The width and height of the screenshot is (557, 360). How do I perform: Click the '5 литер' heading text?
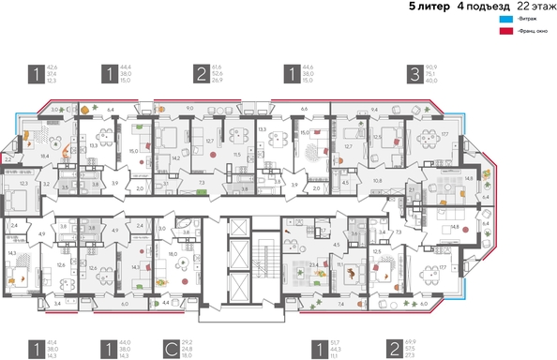click(428, 7)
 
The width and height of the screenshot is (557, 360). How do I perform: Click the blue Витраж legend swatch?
click(505, 19)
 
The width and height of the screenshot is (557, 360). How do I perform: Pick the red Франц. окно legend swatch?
click(505, 31)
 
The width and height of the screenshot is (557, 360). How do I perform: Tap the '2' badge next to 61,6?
click(201, 74)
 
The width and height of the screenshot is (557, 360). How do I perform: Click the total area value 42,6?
click(53, 67)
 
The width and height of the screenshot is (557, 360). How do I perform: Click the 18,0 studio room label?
click(172, 254)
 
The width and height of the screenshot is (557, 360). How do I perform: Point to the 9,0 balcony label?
click(189, 109)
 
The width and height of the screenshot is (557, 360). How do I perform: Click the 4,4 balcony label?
click(165, 304)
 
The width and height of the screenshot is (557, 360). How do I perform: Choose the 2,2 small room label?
click(9, 159)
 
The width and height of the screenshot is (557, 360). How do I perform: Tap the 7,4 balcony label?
click(340, 304)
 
